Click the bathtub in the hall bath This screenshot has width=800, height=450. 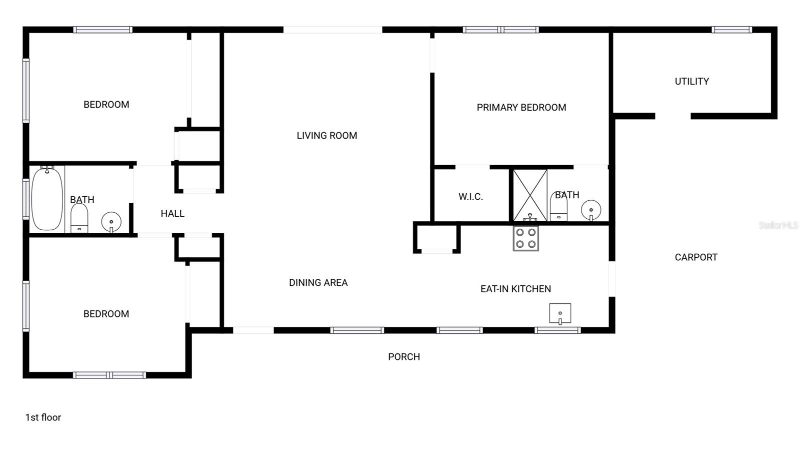(x=47, y=199)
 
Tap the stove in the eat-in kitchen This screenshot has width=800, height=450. (x=525, y=238)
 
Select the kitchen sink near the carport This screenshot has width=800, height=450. (x=560, y=313)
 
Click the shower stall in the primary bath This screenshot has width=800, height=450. (x=530, y=195)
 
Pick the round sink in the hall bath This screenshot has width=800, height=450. (x=111, y=221)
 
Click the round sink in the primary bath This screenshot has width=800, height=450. (x=591, y=210)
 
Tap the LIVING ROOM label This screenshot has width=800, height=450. (x=326, y=136)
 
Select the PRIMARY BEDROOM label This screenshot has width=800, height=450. (x=521, y=108)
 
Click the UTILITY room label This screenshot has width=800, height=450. (x=691, y=82)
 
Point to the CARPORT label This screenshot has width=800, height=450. (x=695, y=257)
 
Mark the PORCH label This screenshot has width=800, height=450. (x=403, y=357)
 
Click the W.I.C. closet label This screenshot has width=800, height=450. (x=470, y=197)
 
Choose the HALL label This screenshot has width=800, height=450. (x=172, y=214)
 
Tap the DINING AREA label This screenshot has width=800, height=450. (x=318, y=283)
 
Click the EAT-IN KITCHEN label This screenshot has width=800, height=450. (x=515, y=289)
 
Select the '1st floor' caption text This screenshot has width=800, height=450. (x=43, y=417)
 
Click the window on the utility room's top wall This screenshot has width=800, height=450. (x=731, y=30)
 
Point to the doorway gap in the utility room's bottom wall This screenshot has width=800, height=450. (x=672, y=116)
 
